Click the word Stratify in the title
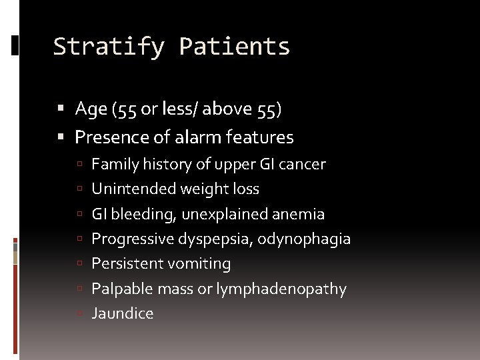pyautogui.click(x=109, y=47)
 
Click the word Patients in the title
pyautogui.click(x=235, y=47)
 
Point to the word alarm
pyautogui.click(x=201, y=137)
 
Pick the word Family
pyautogui.click(x=112, y=164)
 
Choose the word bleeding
pyautogui.click(x=139, y=214)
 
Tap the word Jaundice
pyautogui.click(x=122, y=313)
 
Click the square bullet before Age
pyautogui.click(x=61, y=109)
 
